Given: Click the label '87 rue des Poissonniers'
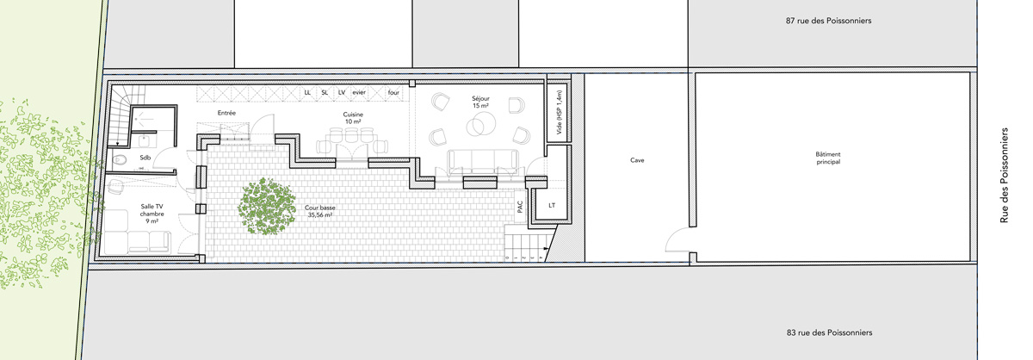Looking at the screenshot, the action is click(829, 21).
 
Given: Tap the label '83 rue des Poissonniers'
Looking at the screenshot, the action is click(829, 332).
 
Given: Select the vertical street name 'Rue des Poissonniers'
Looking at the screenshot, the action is click(1004, 176).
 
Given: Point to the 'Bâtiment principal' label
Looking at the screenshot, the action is click(828, 158).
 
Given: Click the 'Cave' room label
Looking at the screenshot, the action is click(637, 160).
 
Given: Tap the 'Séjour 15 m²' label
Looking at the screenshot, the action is click(480, 102).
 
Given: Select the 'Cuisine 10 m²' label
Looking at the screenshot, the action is click(353, 118).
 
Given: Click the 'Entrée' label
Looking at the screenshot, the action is click(226, 113).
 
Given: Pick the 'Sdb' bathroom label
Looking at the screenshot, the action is click(145, 158).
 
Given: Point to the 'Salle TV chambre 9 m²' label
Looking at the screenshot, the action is click(152, 214).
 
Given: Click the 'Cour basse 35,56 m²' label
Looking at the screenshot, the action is click(320, 211).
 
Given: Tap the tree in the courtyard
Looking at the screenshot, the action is click(267, 207).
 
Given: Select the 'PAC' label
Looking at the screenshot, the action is click(520, 207).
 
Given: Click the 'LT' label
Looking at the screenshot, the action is click(552, 205).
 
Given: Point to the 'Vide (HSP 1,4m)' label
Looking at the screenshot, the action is click(559, 112).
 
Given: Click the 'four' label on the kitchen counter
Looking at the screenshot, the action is click(393, 92).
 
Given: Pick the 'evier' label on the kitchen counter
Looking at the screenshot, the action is click(359, 92).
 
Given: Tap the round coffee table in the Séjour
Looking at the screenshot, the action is click(481, 125).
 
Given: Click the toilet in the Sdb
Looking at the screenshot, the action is click(120, 160).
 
